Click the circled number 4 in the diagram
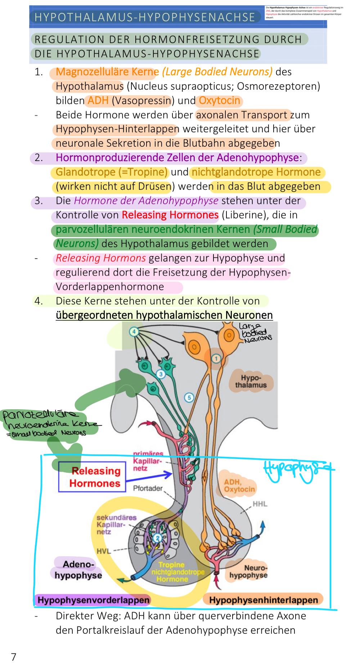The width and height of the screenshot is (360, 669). tap(134, 331)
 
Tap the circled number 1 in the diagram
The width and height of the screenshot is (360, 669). tap(216, 358)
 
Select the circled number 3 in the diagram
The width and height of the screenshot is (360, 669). tap(161, 374)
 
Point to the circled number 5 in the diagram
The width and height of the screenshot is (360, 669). tap(189, 397)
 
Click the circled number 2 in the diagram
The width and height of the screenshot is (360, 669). tap(157, 538)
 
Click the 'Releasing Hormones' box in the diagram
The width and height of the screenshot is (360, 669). tap(92, 477)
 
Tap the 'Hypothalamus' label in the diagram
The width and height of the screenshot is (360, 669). tap(251, 381)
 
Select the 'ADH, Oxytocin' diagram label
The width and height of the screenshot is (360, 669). tap(239, 486)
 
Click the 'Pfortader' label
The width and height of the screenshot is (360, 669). tap(148, 488)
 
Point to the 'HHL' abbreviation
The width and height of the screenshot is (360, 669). tap(260, 504)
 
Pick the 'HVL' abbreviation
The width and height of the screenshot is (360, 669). tap(104, 551)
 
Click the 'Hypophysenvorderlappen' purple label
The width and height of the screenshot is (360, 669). tap(93, 600)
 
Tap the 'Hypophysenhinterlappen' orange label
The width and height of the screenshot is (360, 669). tap(264, 600)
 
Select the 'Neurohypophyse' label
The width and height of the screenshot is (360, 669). tap(249, 571)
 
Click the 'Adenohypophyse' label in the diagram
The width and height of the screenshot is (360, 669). tap(78, 570)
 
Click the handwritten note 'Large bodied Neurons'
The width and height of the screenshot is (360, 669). tap(256, 333)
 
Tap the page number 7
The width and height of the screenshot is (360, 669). tap(14, 657)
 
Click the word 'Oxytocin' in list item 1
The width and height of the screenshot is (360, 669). tap(219, 101)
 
